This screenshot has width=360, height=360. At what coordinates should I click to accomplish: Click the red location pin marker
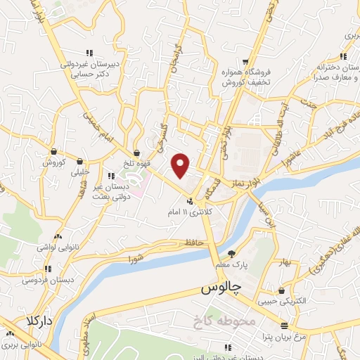[181, 166]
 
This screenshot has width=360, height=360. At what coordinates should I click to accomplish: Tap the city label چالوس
[221, 288]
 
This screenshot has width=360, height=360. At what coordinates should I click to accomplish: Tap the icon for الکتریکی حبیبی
[281, 291]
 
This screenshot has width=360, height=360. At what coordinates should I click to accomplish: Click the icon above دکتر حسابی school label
[89, 53]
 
